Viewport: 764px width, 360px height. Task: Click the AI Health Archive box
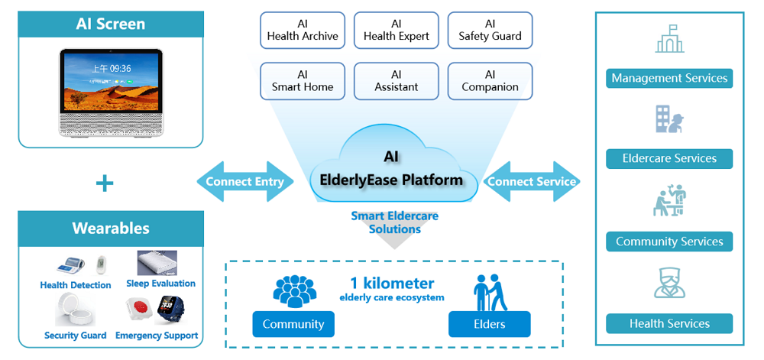[303, 31]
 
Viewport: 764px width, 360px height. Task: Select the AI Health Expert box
[396, 31]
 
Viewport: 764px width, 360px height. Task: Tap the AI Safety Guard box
[490, 31]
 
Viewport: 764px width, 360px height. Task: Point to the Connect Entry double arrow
[244, 182]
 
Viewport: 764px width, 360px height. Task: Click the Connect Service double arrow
[532, 182]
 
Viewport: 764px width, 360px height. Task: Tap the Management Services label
[669, 78]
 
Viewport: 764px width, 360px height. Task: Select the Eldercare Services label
[669, 158]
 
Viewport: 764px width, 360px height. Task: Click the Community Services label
[669, 242]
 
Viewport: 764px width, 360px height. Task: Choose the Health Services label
[669, 323]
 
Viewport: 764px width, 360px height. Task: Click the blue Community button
[293, 324]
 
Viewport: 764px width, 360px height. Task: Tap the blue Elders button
[489, 324]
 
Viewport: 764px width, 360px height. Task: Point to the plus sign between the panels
[105, 183]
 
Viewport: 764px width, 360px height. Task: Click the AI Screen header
[111, 24]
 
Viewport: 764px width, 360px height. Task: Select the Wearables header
[111, 228]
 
